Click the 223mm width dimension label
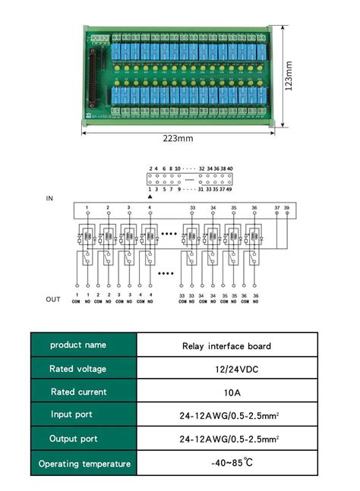coord(177,139)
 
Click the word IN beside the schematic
coord(50,198)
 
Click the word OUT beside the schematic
coord(53,300)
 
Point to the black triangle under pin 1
coord(150,196)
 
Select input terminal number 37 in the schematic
coord(276,206)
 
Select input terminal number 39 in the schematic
coord(286,206)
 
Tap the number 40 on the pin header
coord(230,168)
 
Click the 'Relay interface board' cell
coord(226,346)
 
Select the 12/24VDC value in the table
coord(226,369)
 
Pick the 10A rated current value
coord(226,392)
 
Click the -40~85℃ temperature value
coord(226,462)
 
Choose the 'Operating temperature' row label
coord(84,463)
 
